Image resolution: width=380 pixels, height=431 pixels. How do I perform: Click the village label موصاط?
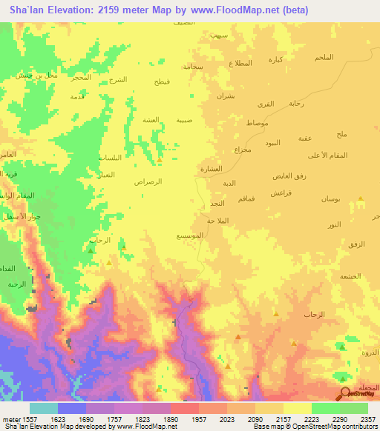pos(253,121)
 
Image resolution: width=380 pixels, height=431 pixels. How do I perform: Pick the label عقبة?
pos(304,138)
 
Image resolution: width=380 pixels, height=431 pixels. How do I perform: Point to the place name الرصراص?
pos(148,181)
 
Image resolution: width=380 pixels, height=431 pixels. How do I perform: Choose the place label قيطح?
pos(162,81)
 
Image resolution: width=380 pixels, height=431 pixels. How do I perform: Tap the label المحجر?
pos(81,77)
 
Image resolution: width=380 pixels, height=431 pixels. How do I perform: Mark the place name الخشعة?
pos(349,275)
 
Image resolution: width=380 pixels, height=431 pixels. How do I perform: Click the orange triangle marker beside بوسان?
pos(359,198)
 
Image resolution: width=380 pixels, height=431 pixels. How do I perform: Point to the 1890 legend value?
pos(170,418)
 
